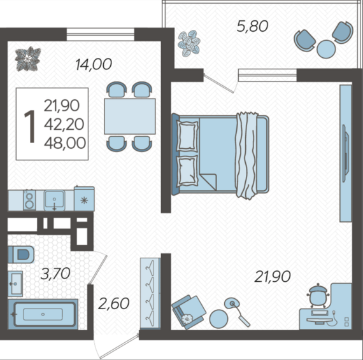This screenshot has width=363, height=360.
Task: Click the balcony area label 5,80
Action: (x=252, y=26)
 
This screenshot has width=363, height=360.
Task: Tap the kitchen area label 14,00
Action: (x=94, y=64)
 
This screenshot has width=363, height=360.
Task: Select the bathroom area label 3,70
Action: (x=55, y=273)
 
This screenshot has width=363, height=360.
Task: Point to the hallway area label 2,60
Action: (x=113, y=303)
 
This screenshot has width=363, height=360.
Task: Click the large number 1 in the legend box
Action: (x=30, y=126)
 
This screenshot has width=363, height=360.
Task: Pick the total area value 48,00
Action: (x=65, y=143)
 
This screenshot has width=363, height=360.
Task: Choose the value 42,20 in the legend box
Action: (x=64, y=125)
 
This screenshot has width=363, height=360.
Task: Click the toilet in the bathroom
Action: (x=21, y=254)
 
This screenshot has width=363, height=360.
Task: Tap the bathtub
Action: (x=43, y=314)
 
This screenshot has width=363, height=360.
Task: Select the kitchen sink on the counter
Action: (x=54, y=200)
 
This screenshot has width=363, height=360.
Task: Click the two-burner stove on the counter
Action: (x=29, y=200)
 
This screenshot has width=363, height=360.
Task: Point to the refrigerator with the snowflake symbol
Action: (x=84, y=198)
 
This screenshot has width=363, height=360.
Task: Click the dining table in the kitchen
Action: (x=130, y=116)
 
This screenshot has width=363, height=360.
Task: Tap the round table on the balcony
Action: (x=326, y=49)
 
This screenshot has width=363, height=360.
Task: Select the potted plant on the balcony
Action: (x=189, y=43)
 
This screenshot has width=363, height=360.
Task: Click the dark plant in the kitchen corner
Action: (x=28, y=59)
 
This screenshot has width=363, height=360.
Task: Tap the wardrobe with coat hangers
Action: (x=150, y=293)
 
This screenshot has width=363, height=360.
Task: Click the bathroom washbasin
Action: (x=15, y=284)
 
